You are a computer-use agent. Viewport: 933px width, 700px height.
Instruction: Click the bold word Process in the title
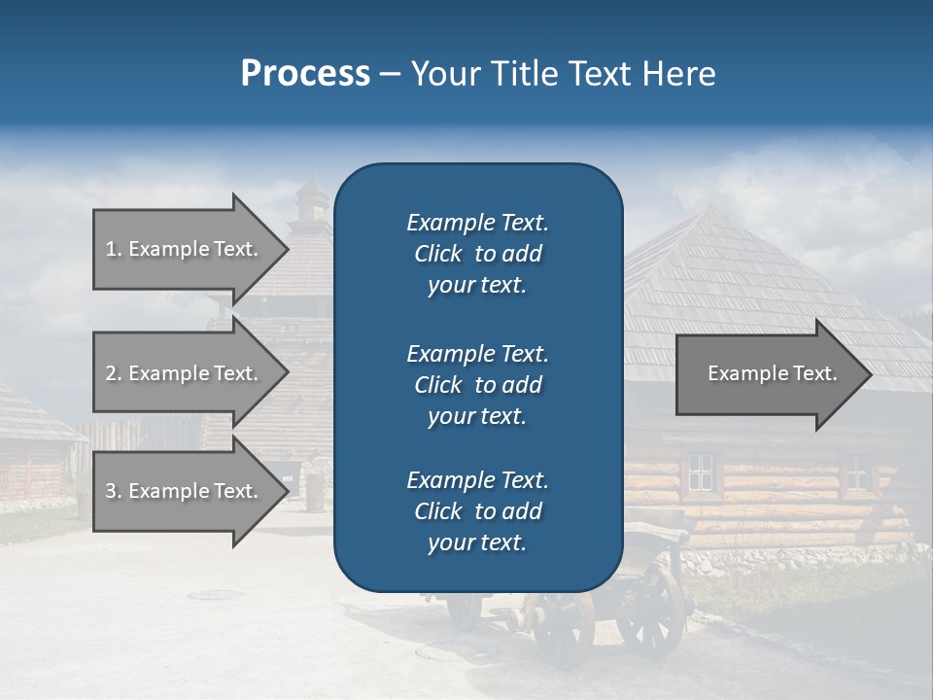(x=305, y=74)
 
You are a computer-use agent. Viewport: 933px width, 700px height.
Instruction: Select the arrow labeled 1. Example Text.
(x=185, y=249)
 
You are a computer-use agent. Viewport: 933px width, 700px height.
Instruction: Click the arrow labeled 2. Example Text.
(x=185, y=373)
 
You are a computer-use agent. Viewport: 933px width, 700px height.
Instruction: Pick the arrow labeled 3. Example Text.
(x=185, y=491)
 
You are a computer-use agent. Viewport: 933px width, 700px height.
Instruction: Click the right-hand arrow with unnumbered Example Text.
(x=768, y=373)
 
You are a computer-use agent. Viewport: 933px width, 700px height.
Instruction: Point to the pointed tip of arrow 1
(x=287, y=249)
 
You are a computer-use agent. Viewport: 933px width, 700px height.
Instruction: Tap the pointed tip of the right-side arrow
(x=870, y=374)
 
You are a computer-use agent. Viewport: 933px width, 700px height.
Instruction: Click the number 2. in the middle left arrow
(x=114, y=373)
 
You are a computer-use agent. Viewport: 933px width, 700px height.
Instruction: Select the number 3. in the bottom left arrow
(x=114, y=491)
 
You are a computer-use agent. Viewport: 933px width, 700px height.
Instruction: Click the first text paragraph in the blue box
(x=477, y=254)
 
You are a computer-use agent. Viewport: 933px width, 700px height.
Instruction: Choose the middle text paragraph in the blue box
(x=477, y=385)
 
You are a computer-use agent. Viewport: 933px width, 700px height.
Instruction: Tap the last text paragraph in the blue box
(x=477, y=511)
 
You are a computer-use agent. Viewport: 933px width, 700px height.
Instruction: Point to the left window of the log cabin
(x=700, y=473)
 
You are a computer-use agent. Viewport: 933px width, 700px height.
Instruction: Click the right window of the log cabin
(x=856, y=472)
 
